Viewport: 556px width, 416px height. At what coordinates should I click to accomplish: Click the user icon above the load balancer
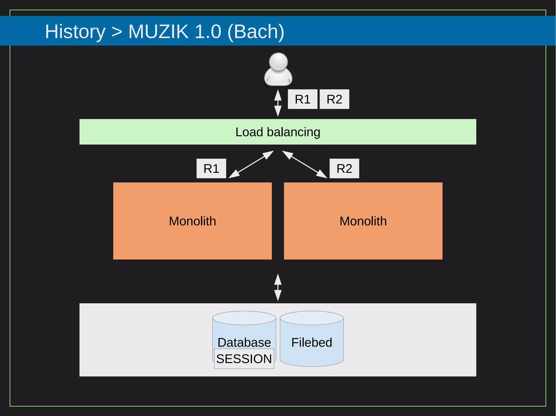click(x=278, y=69)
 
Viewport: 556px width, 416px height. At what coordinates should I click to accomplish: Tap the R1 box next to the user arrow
click(x=302, y=99)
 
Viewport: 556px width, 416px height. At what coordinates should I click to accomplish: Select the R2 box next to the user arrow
click(x=334, y=99)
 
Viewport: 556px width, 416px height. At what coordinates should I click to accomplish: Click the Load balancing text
click(x=278, y=132)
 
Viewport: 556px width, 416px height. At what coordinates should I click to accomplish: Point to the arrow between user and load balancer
click(x=278, y=103)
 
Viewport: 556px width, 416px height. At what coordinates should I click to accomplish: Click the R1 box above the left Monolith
click(x=211, y=169)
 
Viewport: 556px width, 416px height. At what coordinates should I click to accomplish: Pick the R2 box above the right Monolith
click(x=344, y=169)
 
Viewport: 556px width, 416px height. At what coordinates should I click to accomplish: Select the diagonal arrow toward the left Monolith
click(x=251, y=164)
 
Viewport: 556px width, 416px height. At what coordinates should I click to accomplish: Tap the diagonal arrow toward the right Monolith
click(x=305, y=164)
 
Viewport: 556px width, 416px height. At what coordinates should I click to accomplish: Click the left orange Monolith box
click(x=192, y=221)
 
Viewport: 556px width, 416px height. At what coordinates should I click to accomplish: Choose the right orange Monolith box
click(x=363, y=221)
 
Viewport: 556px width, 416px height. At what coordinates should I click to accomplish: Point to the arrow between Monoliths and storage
click(x=278, y=287)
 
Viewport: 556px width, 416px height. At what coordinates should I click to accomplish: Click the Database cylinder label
click(x=244, y=342)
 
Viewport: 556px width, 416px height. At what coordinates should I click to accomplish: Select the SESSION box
click(x=244, y=359)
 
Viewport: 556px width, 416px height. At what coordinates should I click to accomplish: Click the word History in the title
click(x=75, y=31)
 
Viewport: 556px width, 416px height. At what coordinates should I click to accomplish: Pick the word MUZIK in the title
click(x=158, y=31)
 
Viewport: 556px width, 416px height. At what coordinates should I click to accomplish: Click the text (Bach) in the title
click(x=256, y=31)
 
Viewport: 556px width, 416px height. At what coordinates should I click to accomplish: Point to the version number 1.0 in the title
click(x=208, y=31)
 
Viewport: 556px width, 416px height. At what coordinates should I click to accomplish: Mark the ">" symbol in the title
click(x=117, y=32)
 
